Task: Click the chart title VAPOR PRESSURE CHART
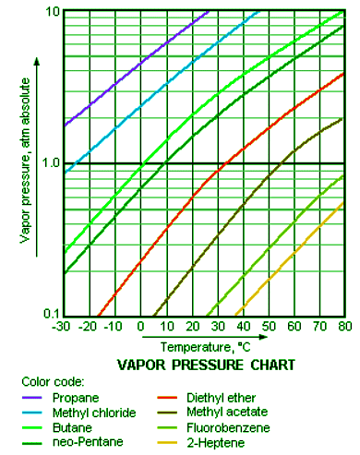click(206, 365)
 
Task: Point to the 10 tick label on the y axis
click(52, 11)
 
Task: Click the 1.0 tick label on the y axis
click(50, 162)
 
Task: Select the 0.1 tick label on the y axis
click(50, 315)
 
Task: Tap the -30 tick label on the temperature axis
click(62, 326)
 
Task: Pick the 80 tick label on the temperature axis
click(343, 326)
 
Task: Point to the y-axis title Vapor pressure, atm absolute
click(25, 162)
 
